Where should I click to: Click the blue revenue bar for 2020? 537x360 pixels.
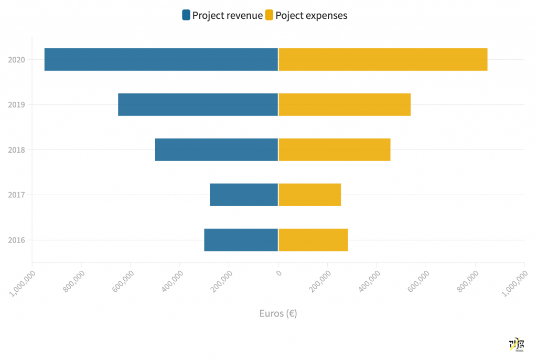pos(161,59)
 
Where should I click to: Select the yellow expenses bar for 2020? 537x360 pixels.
pos(383,59)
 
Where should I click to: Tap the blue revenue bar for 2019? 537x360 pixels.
pos(198,104)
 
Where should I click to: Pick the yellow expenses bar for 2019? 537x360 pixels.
pos(345,104)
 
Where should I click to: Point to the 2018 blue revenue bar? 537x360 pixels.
pos(217,150)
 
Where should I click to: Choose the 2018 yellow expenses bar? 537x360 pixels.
pos(335,150)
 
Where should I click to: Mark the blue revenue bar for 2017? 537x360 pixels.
pos(244,195)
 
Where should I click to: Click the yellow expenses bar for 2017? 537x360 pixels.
pos(310,195)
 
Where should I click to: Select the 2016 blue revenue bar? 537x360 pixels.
pos(241,240)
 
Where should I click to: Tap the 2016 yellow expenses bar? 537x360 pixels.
pos(313,240)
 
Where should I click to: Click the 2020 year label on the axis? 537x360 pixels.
pos(17,60)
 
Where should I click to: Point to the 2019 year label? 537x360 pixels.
pos(17,105)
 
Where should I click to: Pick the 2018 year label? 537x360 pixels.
pos(17,150)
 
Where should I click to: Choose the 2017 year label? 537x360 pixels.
pos(17,195)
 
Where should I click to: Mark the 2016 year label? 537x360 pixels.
pos(17,240)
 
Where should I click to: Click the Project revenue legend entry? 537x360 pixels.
pos(222,15)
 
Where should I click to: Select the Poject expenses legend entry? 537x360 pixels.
pos(306,15)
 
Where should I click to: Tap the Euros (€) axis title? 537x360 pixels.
pos(278,313)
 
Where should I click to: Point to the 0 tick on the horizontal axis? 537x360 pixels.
pos(279,273)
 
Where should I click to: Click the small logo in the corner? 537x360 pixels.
pos(517,344)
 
